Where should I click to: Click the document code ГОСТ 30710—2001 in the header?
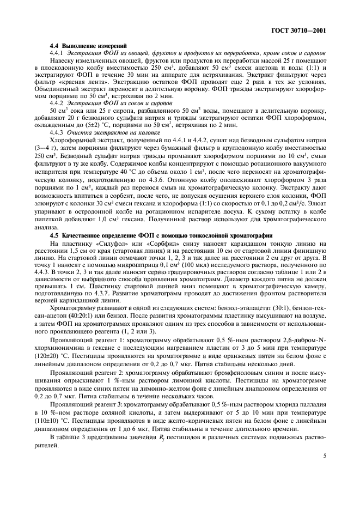(x=298, y=31)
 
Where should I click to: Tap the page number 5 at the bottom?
(x=324, y=456)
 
